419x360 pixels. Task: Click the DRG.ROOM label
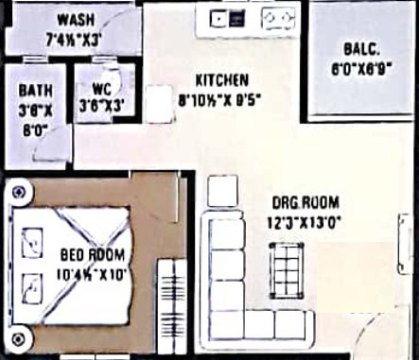coord(305,203)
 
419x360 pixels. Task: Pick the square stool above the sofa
coord(222,192)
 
